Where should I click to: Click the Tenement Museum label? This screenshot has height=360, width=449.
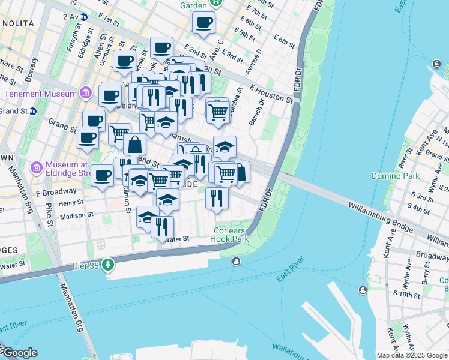(40, 94)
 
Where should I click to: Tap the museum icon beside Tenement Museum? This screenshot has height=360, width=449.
(85, 93)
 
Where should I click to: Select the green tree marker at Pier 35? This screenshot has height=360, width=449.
(108, 264)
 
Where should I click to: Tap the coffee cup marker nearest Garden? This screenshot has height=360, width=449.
(204, 23)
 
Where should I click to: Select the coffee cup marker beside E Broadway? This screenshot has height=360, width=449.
(103, 176)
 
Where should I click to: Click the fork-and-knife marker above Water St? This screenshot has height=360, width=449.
(161, 227)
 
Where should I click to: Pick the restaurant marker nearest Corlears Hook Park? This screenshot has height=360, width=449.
(217, 197)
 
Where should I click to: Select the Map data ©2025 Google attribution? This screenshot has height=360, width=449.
(412, 355)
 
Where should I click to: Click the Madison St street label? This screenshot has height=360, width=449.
(76, 215)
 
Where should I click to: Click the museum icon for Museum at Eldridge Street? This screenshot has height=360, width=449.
(35, 165)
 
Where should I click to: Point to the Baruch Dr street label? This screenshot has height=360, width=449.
(257, 112)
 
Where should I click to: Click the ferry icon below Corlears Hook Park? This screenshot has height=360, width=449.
(236, 261)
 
